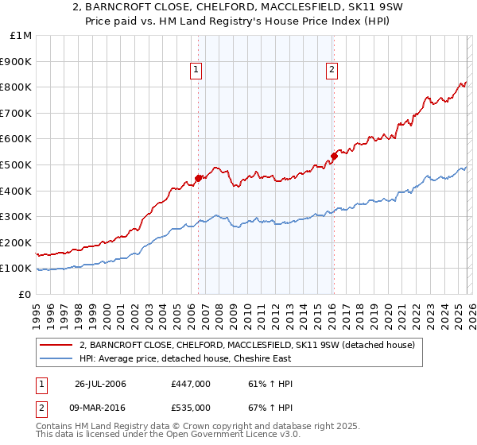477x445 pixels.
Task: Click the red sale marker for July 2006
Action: click(198, 178)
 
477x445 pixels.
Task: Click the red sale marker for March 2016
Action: click(334, 156)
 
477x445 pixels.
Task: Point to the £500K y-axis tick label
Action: click(16, 164)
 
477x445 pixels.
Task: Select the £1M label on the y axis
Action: click(21, 35)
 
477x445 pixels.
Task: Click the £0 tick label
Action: click(25, 294)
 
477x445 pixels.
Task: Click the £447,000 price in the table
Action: click(191, 384)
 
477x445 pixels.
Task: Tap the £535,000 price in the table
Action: click(191, 407)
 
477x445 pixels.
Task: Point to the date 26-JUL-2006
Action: click(100, 384)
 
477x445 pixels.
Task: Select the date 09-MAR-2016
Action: click(101, 407)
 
